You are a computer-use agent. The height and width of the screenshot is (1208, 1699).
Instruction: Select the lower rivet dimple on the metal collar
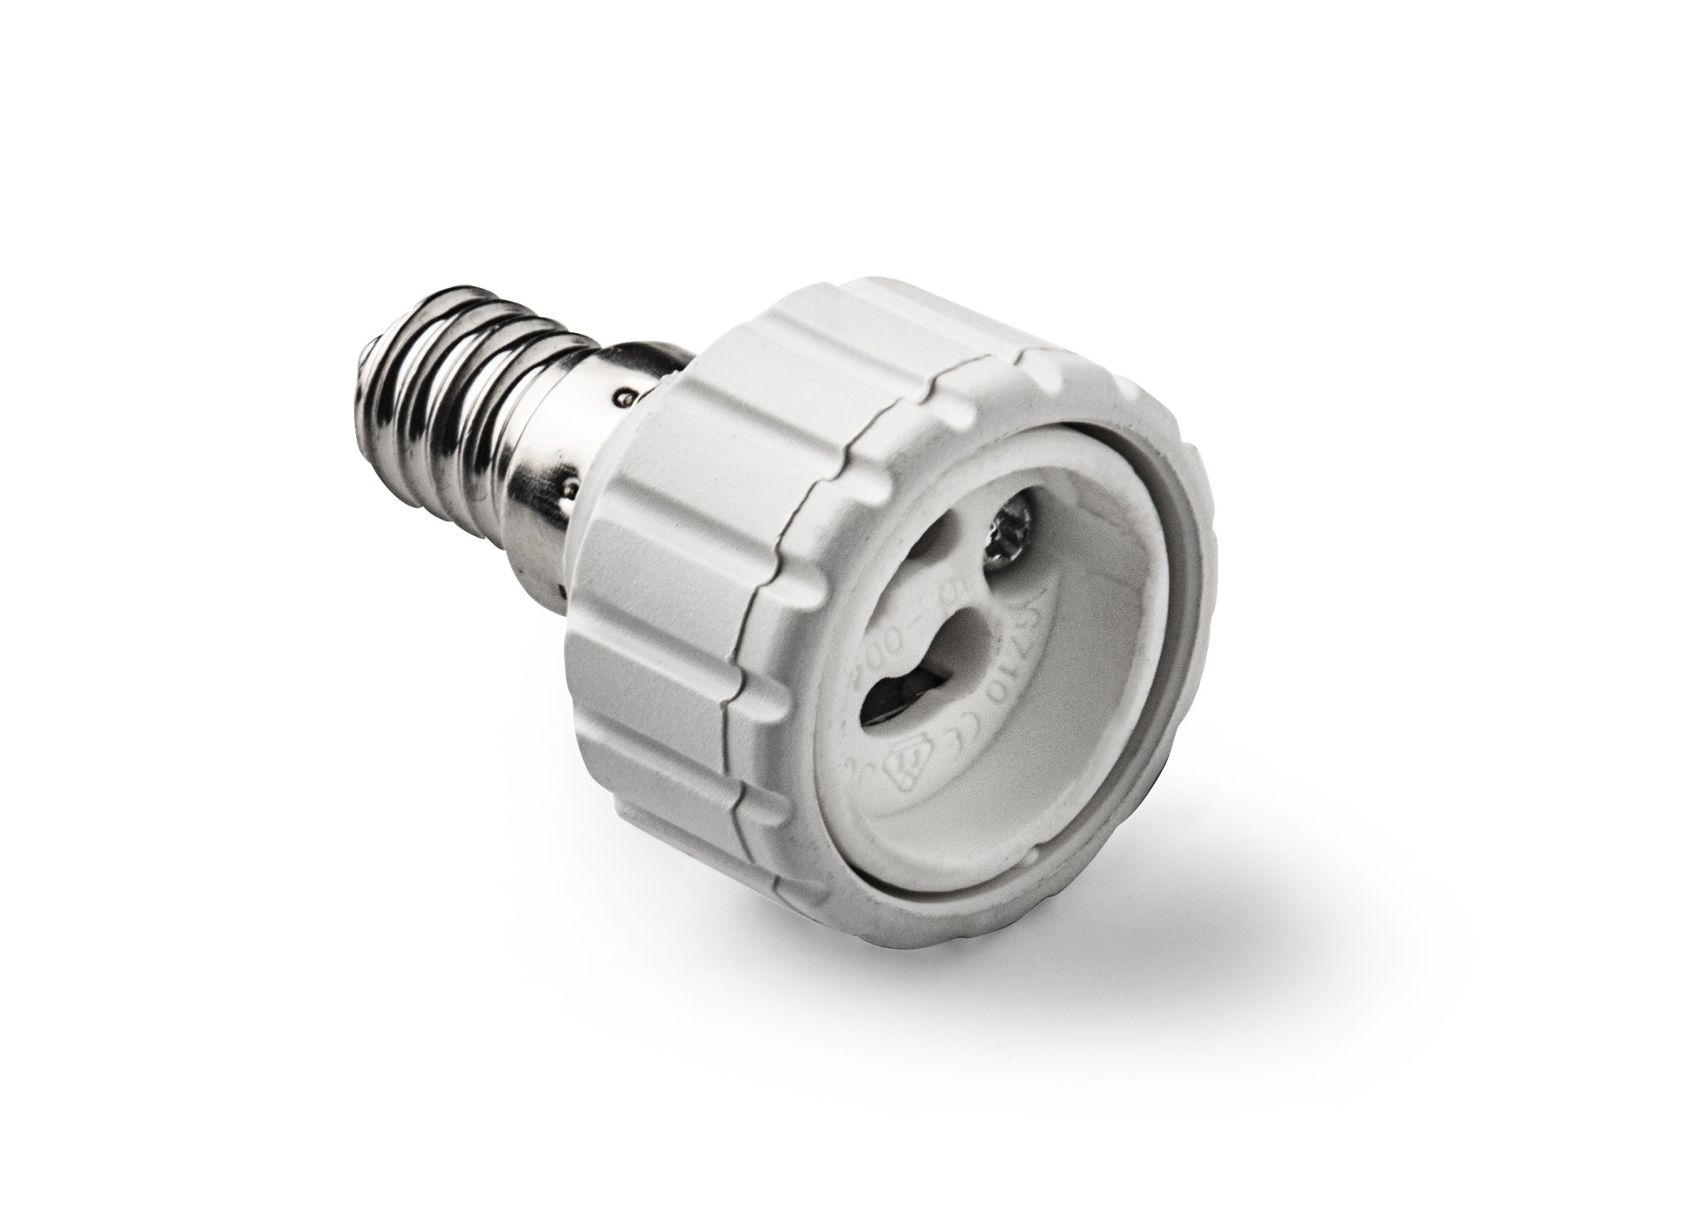[573, 488]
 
